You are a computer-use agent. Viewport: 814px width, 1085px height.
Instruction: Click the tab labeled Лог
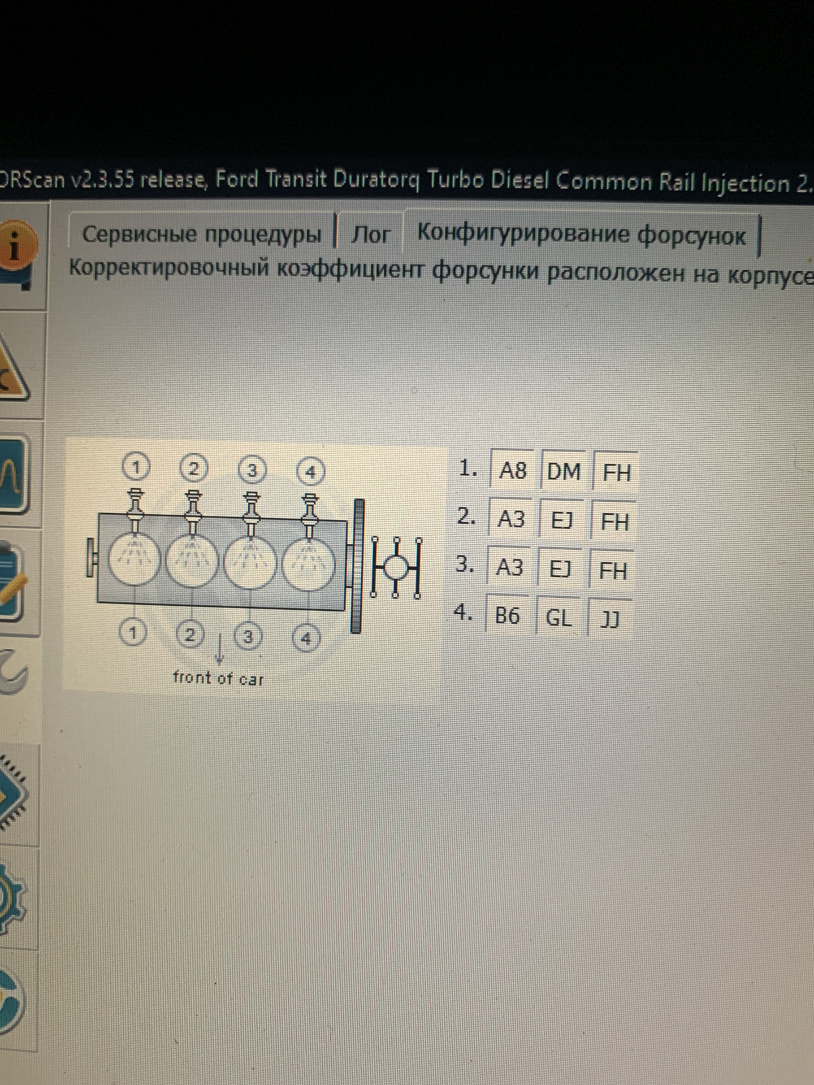(x=370, y=234)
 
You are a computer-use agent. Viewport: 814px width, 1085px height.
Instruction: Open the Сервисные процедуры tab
(x=202, y=233)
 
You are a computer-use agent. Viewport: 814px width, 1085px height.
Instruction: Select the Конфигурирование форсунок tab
(x=581, y=233)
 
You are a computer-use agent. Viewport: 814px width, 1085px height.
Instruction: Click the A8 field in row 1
(x=512, y=470)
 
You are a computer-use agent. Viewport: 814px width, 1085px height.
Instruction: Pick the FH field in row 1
(x=616, y=471)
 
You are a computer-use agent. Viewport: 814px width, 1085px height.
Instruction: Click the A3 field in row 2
(x=510, y=519)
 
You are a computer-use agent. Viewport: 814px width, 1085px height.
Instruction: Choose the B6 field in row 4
(x=507, y=615)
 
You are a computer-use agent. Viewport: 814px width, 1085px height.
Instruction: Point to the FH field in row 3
(x=613, y=570)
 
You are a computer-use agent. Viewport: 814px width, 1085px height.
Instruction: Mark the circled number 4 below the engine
(x=306, y=639)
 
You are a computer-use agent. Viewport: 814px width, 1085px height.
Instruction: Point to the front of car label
(x=218, y=677)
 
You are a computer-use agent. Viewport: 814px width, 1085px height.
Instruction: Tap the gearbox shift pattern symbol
(x=396, y=567)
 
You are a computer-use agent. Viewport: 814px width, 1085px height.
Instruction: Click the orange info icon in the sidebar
(x=17, y=248)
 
